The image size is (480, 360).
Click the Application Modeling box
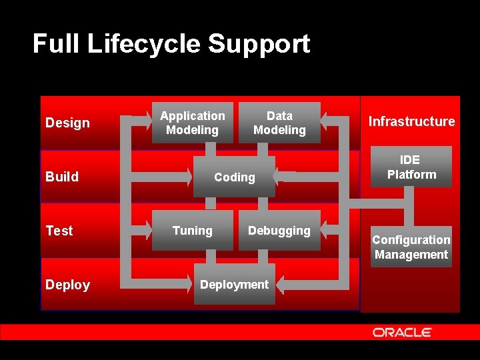(x=192, y=123)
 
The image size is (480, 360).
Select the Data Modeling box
(x=279, y=123)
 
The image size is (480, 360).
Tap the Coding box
(x=234, y=177)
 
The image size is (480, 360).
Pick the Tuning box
(x=192, y=231)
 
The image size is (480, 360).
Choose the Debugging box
(x=279, y=231)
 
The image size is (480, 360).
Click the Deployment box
(x=234, y=285)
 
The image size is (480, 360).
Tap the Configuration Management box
(x=411, y=247)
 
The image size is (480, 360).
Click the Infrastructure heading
(x=411, y=121)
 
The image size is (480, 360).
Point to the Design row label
(x=67, y=123)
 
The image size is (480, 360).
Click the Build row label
(x=62, y=177)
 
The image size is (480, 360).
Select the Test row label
(x=59, y=231)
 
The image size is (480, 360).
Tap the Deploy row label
(x=67, y=285)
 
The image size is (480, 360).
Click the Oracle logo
(x=402, y=332)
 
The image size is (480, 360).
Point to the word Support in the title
(x=259, y=44)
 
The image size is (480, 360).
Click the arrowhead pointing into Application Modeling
(x=146, y=121)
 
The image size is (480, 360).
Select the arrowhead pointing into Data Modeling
(x=326, y=121)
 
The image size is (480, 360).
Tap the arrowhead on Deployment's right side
(x=280, y=285)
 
